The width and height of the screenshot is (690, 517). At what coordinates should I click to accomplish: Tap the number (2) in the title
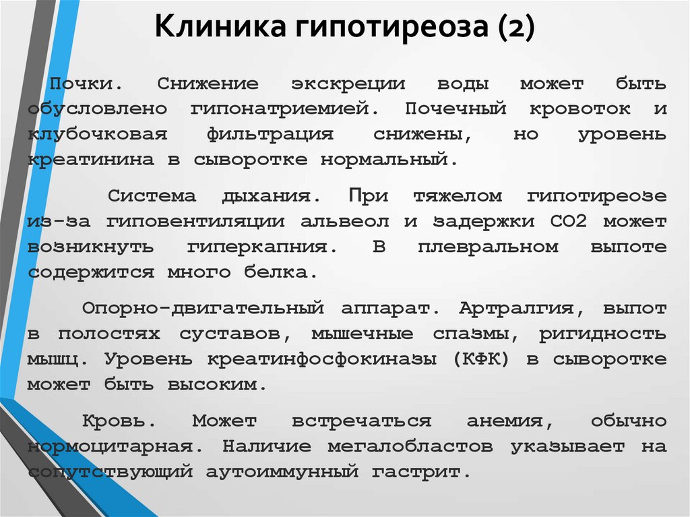tap(517, 28)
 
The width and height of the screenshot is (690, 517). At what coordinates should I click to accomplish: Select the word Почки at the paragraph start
tap(82, 83)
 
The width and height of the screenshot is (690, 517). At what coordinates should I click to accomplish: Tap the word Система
tap(152, 195)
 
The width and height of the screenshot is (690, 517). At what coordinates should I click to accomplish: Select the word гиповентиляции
tap(195, 222)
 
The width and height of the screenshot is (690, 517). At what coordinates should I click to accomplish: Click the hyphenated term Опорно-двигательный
tap(203, 308)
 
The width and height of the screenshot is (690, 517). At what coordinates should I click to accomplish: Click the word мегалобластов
tap(410, 447)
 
